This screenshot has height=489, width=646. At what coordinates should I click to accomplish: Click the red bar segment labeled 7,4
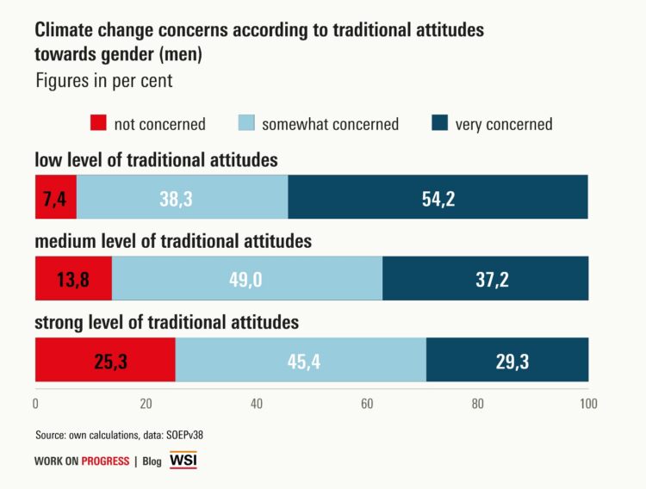click(56, 196)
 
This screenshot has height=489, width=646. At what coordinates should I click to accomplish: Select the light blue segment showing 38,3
click(183, 196)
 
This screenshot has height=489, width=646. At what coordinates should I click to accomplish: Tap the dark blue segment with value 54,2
click(438, 196)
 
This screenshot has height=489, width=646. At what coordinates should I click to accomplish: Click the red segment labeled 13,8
click(73, 278)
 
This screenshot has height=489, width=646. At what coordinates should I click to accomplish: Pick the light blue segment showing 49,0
click(247, 278)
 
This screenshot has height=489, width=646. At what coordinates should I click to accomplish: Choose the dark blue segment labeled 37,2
click(485, 278)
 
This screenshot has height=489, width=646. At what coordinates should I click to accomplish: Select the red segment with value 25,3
click(105, 359)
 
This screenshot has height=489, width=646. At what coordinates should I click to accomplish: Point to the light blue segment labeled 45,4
click(301, 359)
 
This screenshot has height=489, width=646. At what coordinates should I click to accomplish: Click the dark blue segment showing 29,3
click(507, 359)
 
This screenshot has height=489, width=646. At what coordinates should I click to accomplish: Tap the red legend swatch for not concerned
click(98, 124)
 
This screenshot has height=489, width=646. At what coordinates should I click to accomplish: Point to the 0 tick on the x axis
click(35, 403)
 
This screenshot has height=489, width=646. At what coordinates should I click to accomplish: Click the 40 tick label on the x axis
click(257, 403)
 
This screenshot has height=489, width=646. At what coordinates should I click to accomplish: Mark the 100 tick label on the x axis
click(587, 403)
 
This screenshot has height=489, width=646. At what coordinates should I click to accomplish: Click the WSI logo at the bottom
click(183, 461)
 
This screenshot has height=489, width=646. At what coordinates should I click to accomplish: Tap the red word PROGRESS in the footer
click(105, 461)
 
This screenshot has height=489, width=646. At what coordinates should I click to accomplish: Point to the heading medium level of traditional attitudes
click(172, 241)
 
